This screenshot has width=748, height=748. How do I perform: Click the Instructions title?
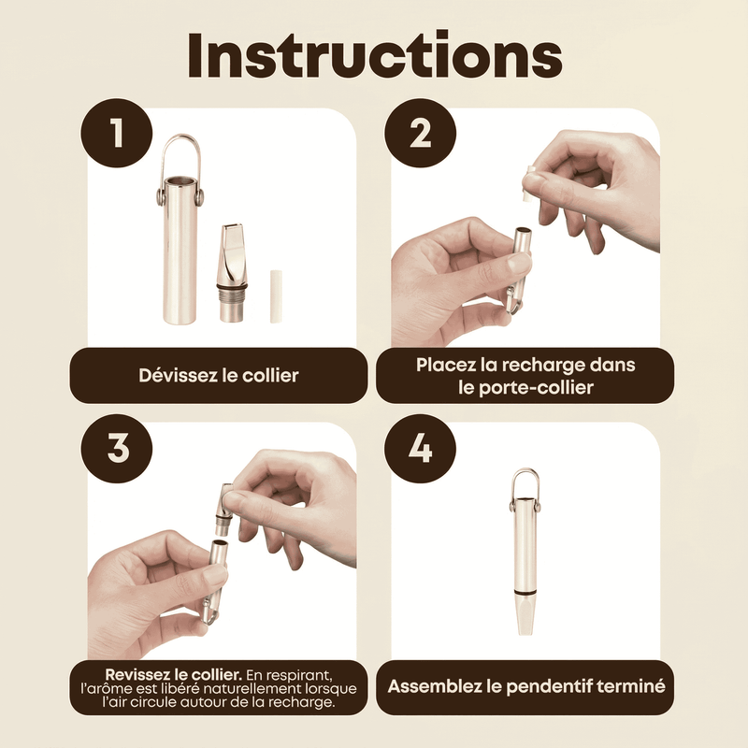375,55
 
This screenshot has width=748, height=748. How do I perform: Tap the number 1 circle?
116,133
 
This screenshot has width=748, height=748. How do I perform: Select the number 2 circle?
420,133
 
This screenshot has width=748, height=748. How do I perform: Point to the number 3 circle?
116,449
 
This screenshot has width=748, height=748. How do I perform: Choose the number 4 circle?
420,449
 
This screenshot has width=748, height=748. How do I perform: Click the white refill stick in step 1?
276,296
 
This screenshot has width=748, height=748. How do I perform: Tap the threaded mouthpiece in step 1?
233,273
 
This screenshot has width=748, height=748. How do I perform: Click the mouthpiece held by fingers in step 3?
223,510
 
